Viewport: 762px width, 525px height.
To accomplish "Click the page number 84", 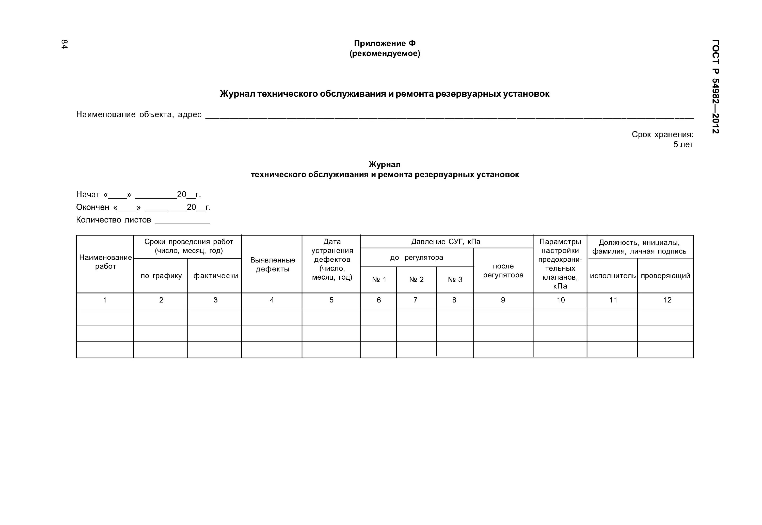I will [64, 44].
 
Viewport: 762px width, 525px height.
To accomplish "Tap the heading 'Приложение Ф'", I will [385, 43].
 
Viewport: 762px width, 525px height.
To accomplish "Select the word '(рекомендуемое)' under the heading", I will [385, 54].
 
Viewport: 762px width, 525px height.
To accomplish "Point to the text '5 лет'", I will [683, 145].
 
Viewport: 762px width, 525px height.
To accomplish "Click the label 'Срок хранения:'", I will [662, 134].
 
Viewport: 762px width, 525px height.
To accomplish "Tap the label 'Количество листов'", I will [113, 220].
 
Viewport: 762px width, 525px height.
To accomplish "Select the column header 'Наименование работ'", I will [105, 262].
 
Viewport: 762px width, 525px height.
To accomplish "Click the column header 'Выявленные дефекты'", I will [272, 264].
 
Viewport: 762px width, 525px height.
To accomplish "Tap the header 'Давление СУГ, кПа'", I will [446, 242].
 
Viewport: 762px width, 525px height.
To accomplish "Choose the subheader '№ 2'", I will [416, 280].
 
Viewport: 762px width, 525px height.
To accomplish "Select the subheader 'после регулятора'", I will [503, 270].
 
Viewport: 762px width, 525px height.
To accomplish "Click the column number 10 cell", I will [561, 300].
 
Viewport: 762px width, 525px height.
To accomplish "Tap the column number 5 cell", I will [331, 300].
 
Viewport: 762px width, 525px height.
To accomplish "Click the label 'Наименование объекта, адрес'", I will [139, 114].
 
